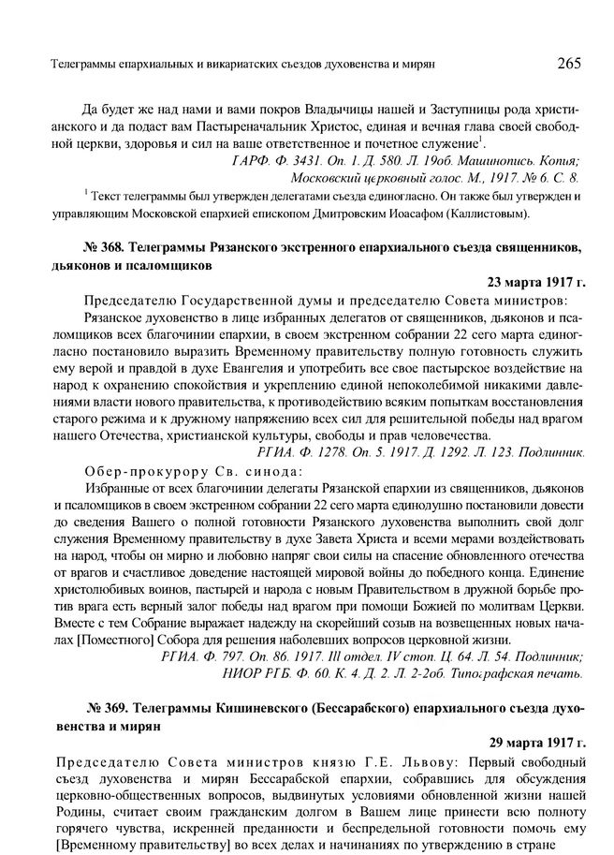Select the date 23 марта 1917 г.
pyautogui.click(x=536, y=281)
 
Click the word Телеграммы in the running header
pyautogui.click(x=66, y=65)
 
